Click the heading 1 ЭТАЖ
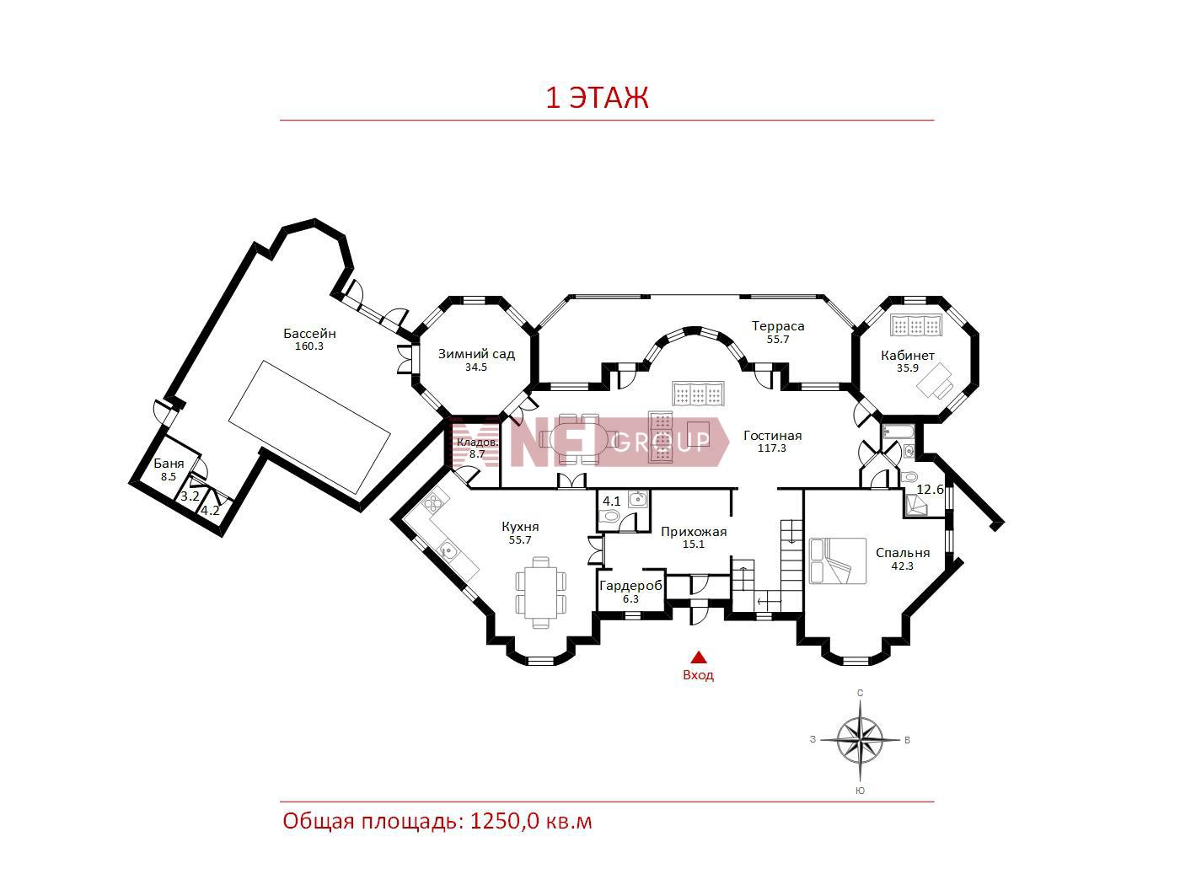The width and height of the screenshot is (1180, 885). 597,98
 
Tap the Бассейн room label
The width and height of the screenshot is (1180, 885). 309,333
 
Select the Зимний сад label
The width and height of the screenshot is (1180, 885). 476,353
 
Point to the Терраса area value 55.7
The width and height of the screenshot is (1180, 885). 778,339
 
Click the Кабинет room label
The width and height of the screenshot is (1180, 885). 908,355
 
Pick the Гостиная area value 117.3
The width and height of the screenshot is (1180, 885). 772,448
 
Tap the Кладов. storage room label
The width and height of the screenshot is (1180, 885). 477,442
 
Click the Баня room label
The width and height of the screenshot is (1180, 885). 169,464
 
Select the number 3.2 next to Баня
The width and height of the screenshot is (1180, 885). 190,496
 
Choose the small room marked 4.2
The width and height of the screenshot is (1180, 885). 210,511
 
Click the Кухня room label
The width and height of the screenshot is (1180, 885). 520,527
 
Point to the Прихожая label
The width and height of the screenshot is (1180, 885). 694,532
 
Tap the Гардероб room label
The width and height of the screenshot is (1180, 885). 630,586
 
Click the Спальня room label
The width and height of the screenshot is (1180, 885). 903,553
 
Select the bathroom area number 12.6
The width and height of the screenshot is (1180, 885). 930,490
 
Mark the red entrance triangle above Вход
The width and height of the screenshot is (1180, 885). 699,657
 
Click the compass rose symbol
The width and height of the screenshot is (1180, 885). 860,741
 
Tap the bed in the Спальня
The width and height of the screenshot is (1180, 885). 838,561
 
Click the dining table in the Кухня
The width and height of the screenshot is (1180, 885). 541,593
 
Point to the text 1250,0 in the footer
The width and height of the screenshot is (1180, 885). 505,821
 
